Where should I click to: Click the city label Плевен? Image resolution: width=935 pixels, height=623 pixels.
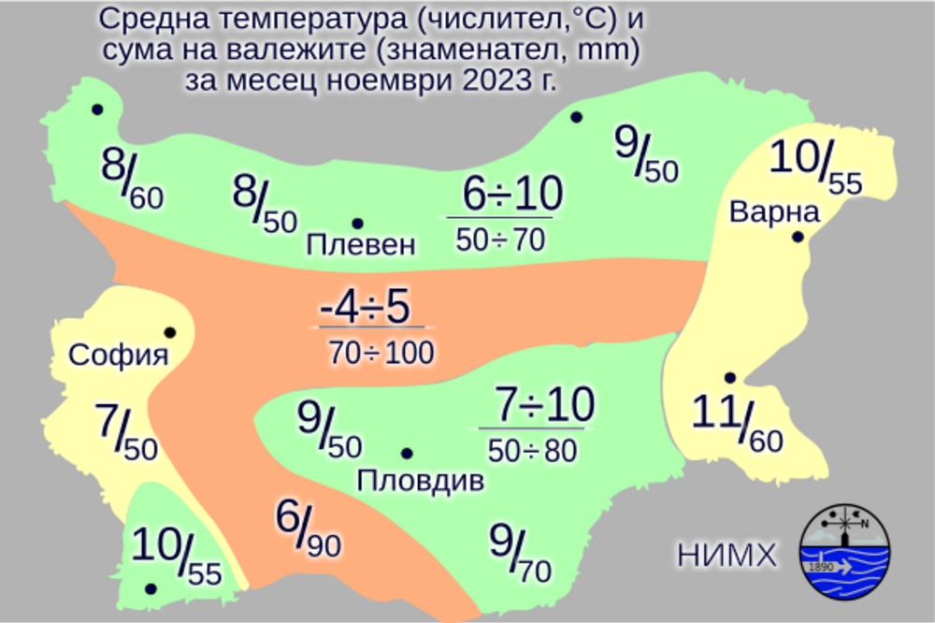(360, 246)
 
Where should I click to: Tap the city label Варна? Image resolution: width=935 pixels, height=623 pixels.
(774, 210)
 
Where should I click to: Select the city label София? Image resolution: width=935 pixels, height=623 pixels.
(119, 355)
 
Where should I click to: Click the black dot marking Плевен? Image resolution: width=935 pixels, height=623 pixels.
(357, 224)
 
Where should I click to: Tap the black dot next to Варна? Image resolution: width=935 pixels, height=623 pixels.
(798, 237)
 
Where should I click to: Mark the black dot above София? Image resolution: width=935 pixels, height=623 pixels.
(170, 332)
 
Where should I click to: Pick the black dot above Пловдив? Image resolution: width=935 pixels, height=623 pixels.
(407, 454)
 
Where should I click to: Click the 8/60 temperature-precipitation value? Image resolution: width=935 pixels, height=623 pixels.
(131, 180)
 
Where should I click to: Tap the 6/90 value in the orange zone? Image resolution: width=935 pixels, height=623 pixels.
(308, 528)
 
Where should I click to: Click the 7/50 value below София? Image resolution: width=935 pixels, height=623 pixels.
(126, 433)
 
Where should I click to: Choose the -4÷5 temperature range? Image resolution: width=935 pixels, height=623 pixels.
(365, 308)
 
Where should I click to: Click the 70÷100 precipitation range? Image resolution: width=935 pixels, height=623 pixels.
(381, 353)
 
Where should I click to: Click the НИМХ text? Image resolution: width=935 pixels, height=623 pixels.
(727, 556)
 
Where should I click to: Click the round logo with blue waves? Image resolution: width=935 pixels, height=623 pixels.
(845, 552)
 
